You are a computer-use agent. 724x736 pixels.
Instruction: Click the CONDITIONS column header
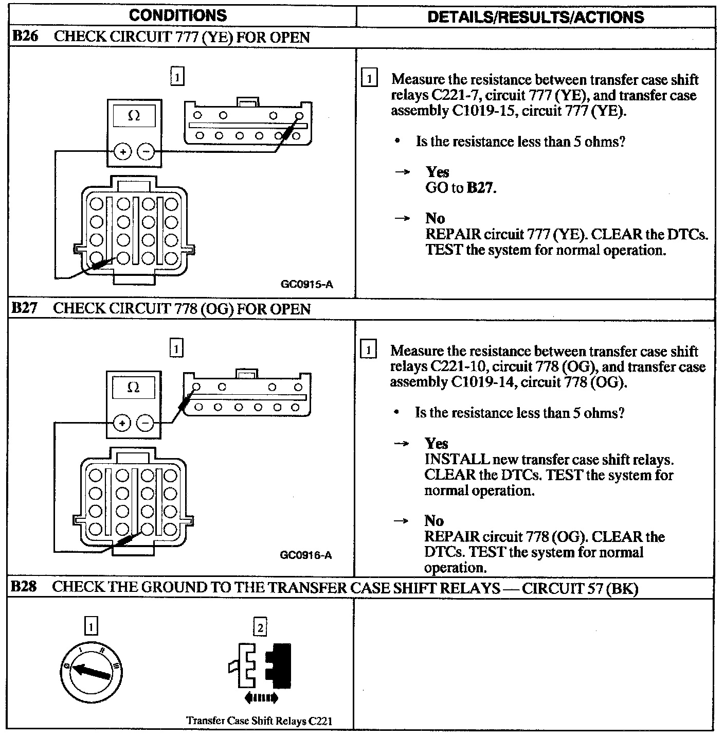[178, 15]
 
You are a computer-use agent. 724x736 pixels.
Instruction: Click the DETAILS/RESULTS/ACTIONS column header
[535, 17]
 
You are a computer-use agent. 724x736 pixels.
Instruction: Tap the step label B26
[25, 37]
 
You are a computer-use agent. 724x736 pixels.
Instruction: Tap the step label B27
[25, 308]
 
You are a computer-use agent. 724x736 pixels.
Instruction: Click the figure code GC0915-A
[307, 284]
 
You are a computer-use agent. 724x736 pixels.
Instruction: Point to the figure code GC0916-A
[306, 555]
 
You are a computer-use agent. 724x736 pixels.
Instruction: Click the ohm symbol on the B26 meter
[133, 116]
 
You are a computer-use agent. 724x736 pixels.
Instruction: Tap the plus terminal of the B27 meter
[122, 424]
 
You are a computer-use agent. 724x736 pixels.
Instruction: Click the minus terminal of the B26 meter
[146, 151]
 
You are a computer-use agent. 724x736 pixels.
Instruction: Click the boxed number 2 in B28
[260, 627]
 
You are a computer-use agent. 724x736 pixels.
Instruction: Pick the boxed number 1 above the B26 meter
[176, 77]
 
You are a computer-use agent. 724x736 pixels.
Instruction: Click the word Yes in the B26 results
[437, 172]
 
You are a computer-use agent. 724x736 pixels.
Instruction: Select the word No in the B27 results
[433, 520]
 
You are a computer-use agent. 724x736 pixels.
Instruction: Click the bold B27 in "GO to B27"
[480, 188]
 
